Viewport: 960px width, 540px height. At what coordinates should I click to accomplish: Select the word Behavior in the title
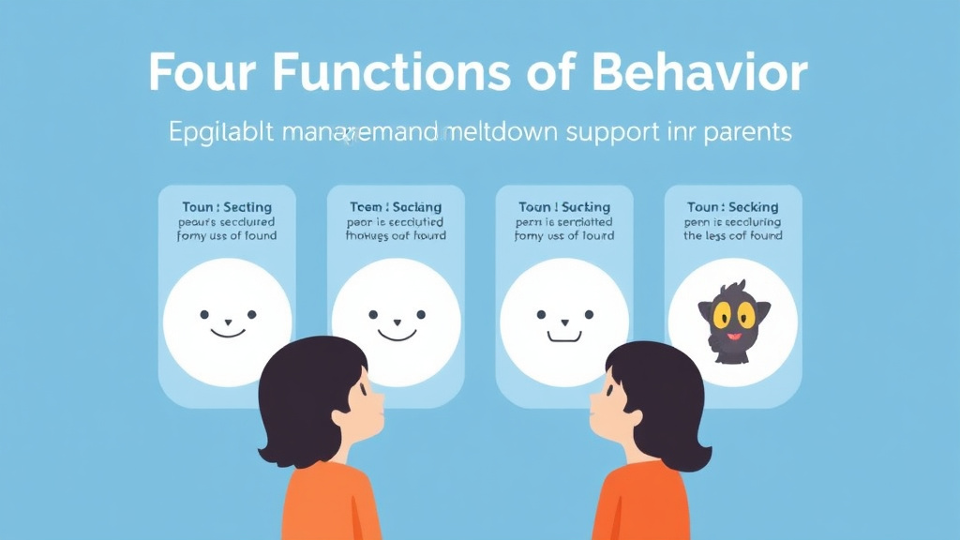coord(712,72)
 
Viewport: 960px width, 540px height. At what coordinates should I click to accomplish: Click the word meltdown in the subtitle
coord(502,132)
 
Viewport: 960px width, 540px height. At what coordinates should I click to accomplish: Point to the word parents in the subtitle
coord(741,132)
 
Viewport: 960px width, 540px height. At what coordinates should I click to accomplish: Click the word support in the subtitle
coord(623,132)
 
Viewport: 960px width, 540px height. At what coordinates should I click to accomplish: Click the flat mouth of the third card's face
coord(564,333)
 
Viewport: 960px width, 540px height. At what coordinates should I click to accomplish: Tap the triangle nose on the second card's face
coord(396,322)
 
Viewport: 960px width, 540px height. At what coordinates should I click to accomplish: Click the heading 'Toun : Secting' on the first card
coord(227,206)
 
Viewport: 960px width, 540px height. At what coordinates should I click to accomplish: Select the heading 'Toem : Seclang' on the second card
coord(396,206)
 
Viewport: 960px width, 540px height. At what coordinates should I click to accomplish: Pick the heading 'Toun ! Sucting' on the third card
coord(564,206)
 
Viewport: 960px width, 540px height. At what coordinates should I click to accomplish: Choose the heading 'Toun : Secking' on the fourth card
coord(732,206)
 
